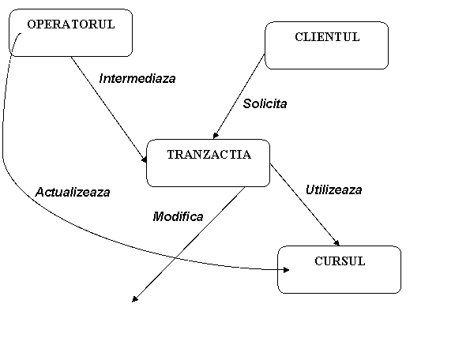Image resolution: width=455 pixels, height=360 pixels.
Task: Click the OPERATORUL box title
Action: (71, 24)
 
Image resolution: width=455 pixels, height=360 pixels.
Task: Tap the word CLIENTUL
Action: (327, 37)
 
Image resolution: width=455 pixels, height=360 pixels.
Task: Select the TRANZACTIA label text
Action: (209, 155)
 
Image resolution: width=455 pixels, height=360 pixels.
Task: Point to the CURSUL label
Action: (340, 261)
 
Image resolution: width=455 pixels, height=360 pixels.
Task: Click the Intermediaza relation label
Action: (137, 79)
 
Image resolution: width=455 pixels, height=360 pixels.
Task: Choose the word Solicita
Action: (265, 103)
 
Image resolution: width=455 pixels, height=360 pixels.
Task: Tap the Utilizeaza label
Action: (333, 190)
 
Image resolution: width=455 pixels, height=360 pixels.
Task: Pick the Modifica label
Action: (178, 216)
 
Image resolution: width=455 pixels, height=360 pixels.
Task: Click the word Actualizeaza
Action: (73, 193)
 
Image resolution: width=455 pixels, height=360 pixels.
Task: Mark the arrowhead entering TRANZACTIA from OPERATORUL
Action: (145, 159)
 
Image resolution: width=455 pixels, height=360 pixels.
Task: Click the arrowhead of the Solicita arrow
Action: (216, 136)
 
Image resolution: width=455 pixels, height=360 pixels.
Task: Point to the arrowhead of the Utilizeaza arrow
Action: (337, 243)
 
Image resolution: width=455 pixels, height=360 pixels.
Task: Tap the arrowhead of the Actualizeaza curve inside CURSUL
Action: (286, 270)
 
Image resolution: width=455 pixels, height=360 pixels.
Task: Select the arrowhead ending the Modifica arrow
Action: (134, 299)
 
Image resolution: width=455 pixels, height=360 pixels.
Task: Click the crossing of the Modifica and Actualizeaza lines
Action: (175, 257)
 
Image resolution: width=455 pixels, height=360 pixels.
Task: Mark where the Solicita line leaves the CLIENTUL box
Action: (265, 54)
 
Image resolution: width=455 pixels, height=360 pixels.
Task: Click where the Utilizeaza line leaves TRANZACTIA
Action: (270, 164)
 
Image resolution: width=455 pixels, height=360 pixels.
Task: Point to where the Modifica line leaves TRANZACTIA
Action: (245, 187)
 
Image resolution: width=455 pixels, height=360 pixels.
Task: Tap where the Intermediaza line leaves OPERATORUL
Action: (71, 57)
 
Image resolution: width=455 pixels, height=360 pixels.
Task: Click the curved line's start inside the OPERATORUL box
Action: (21, 34)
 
